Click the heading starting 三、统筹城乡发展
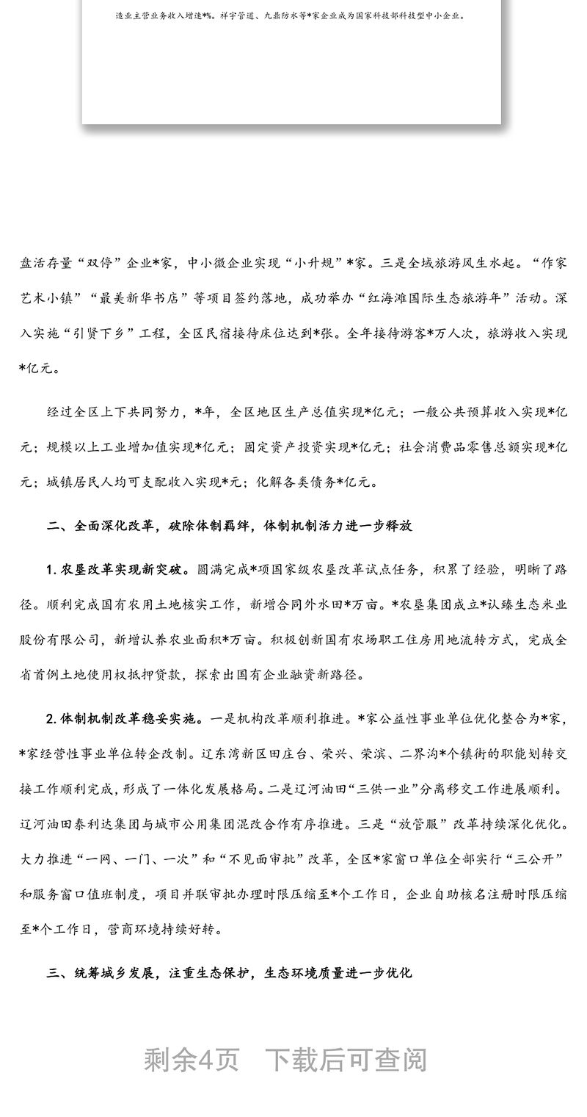tap(230, 973)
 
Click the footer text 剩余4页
tap(192, 1060)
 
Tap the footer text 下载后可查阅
tap(346, 1060)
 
